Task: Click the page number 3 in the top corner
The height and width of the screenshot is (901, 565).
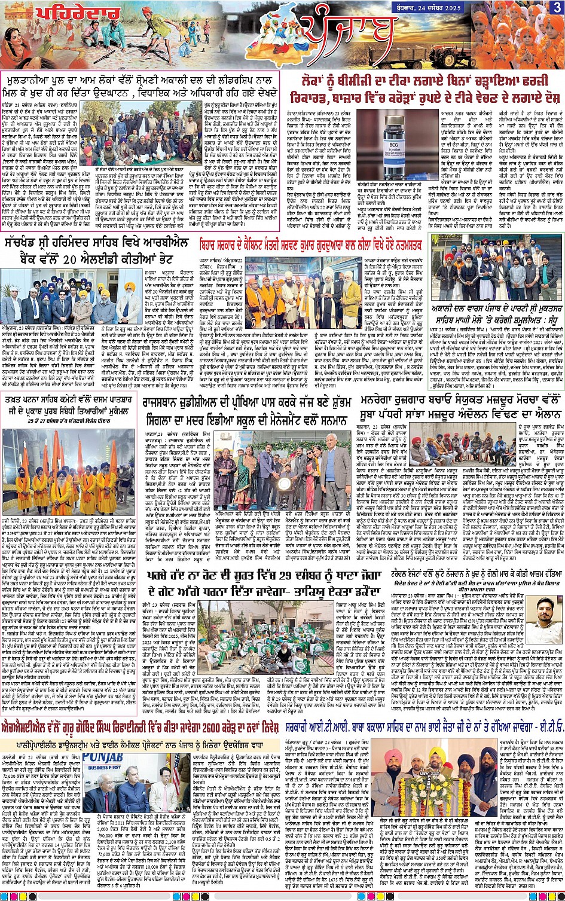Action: coord(557,7)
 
